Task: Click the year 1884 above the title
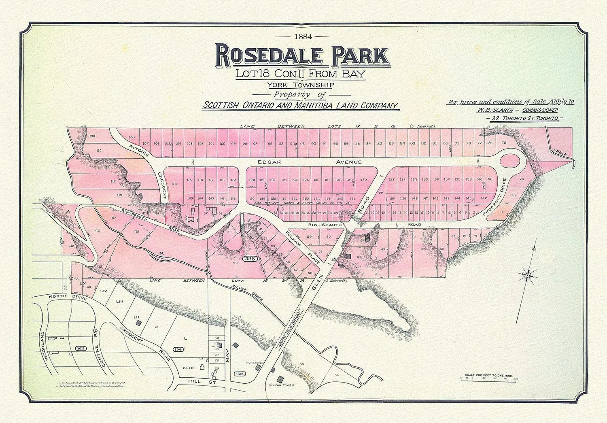(x=303, y=37)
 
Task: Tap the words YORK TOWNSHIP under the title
(x=300, y=85)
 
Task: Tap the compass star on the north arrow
(x=528, y=274)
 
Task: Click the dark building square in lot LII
(x=139, y=323)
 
